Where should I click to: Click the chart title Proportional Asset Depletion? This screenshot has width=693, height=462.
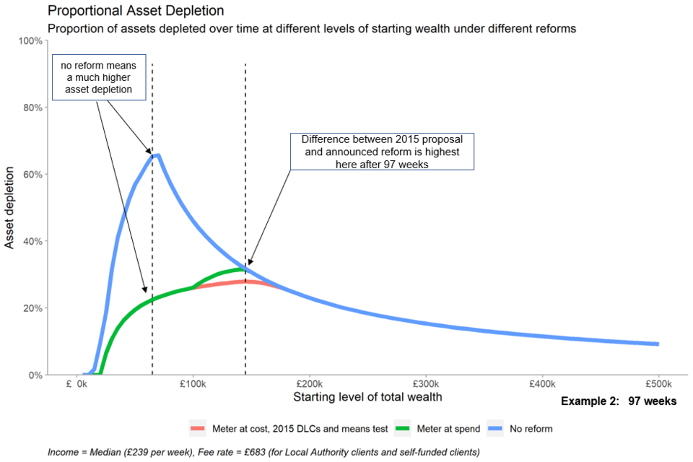click(x=136, y=11)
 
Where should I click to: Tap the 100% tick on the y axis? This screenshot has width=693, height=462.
click(x=30, y=41)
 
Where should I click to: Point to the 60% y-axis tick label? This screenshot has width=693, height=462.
click(x=32, y=175)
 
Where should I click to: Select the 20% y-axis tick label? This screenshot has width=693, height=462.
click(x=32, y=308)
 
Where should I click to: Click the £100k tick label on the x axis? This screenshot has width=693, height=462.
click(x=193, y=384)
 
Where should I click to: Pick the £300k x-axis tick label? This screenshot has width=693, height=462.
click(x=426, y=384)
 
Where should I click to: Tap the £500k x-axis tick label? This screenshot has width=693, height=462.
click(x=658, y=384)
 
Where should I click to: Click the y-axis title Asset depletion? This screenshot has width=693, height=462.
click(x=9, y=208)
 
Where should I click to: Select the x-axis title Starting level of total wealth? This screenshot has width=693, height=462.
click(x=367, y=397)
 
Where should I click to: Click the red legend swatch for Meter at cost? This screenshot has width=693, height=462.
click(x=198, y=428)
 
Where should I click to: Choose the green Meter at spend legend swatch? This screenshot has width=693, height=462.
click(x=402, y=428)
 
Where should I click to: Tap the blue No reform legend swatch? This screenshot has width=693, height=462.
click(x=495, y=428)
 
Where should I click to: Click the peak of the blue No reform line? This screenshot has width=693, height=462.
click(x=158, y=155)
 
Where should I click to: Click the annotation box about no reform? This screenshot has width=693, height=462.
click(x=99, y=77)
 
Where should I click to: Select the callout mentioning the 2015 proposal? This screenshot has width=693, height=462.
click(x=383, y=152)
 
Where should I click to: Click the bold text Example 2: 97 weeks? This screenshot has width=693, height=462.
click(x=619, y=401)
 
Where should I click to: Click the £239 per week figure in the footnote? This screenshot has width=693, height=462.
click(x=121, y=453)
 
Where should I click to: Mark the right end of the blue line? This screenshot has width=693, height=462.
click(x=658, y=344)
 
